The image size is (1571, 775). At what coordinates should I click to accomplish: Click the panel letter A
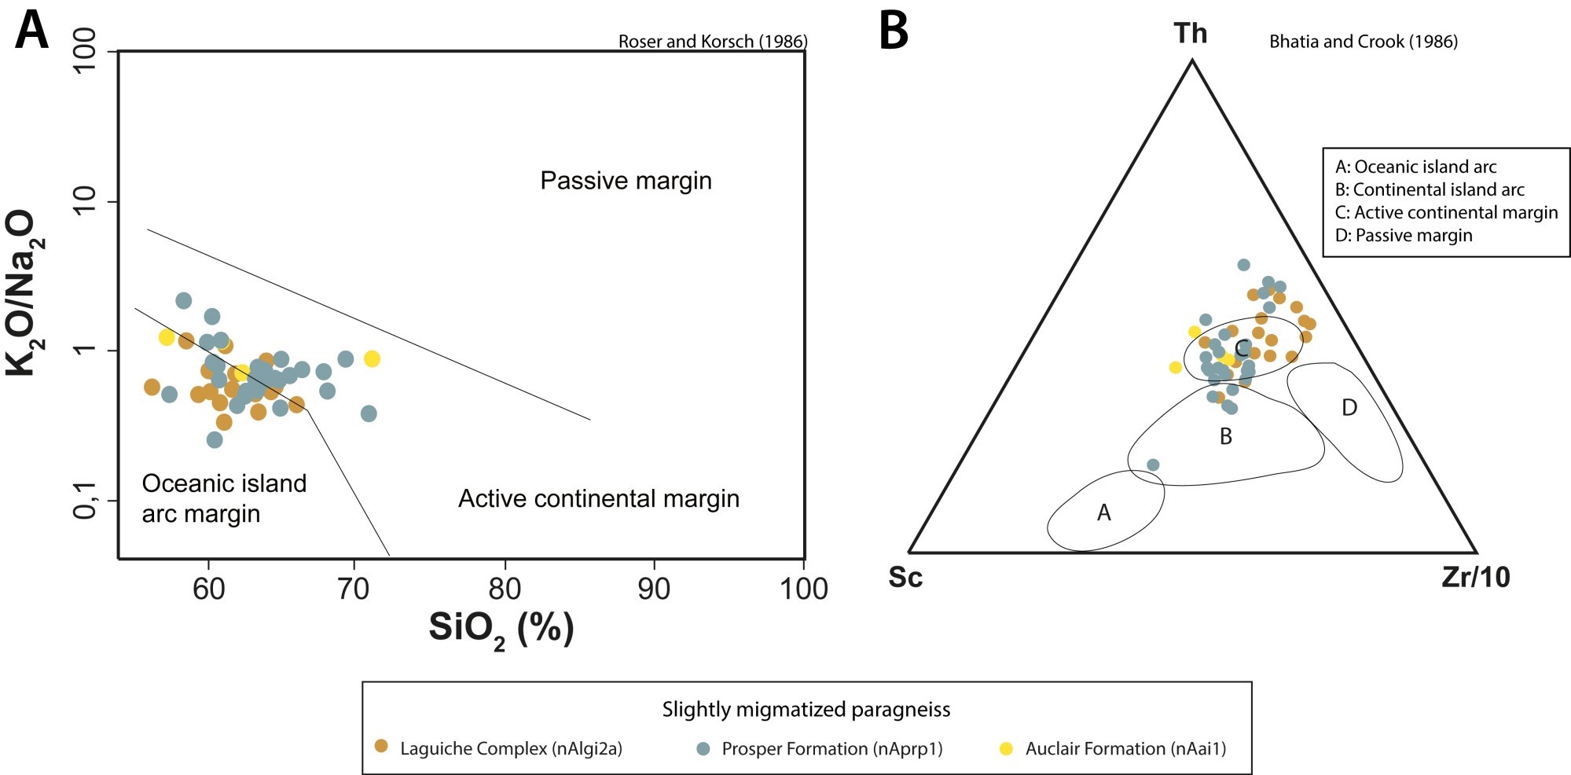click(x=31, y=31)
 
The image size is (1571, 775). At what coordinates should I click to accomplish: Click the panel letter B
click(x=894, y=31)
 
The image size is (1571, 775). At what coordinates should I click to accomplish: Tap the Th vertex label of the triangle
click(x=1190, y=34)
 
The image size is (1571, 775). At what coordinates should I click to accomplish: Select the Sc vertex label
click(x=905, y=578)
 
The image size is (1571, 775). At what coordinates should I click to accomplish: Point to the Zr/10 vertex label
click(x=1475, y=578)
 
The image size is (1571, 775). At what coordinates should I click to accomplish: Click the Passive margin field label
click(x=626, y=181)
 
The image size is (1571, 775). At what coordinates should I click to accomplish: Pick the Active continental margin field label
click(x=599, y=498)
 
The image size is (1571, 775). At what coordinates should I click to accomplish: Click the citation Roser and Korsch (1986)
click(x=713, y=42)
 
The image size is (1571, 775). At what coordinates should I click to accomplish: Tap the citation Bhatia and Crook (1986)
click(x=1364, y=42)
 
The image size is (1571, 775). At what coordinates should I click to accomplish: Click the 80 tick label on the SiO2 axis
click(x=505, y=589)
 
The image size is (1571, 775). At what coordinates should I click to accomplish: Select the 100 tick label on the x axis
click(x=803, y=589)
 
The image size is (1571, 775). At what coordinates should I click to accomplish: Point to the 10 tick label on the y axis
click(x=84, y=202)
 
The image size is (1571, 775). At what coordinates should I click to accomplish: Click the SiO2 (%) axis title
click(x=501, y=629)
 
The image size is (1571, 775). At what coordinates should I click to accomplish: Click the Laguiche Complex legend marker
click(x=382, y=747)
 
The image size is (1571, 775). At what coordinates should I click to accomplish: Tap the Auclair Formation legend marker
click(x=1006, y=748)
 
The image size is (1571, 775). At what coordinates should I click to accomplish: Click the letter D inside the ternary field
click(x=1349, y=408)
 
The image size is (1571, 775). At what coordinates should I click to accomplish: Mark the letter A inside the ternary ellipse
click(x=1103, y=513)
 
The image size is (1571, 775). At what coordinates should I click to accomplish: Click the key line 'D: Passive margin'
click(x=1404, y=235)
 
